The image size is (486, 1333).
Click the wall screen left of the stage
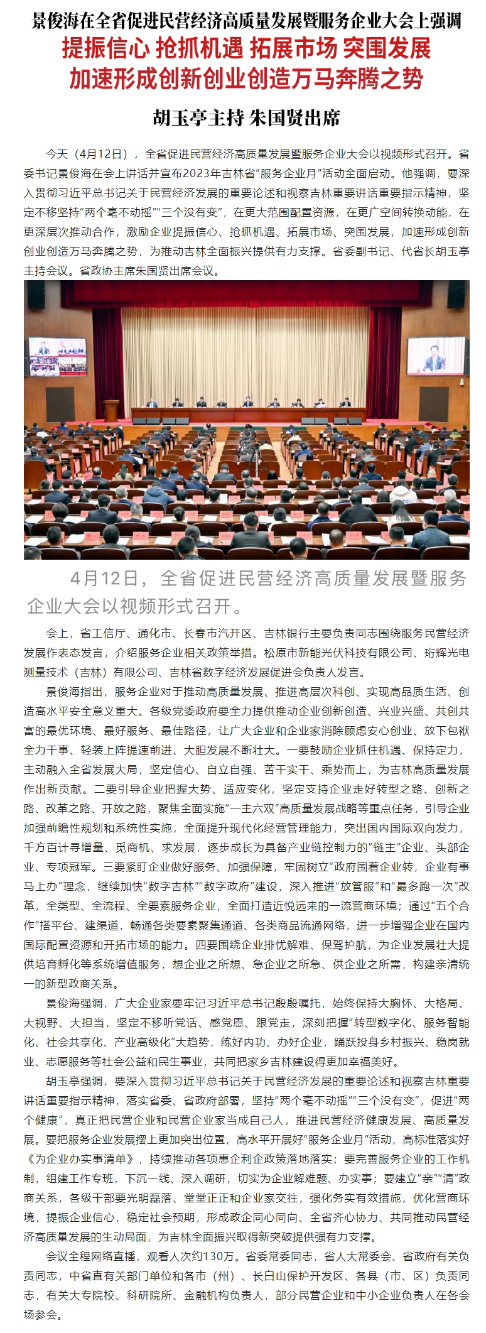click(x=58, y=356)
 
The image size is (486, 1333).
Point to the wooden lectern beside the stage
click(x=111, y=410)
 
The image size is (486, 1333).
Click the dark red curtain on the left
click(x=108, y=358)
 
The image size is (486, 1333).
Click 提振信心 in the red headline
click(x=105, y=49)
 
